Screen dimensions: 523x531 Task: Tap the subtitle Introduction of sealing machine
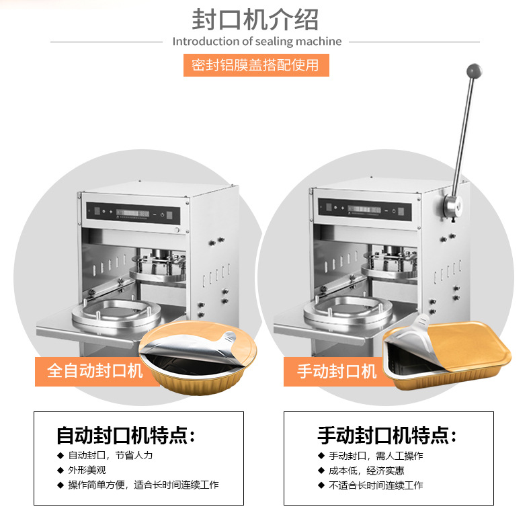[257, 42]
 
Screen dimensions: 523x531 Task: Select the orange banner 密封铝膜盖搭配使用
[256, 65]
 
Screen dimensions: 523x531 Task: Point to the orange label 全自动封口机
[95, 370]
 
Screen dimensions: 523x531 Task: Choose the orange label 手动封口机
[338, 370]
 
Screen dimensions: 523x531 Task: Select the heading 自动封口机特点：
[126, 436]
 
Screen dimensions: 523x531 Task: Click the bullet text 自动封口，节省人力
[110, 455]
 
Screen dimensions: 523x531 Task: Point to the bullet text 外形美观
[87, 470]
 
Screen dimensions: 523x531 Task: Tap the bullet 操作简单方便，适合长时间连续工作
[143, 485]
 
